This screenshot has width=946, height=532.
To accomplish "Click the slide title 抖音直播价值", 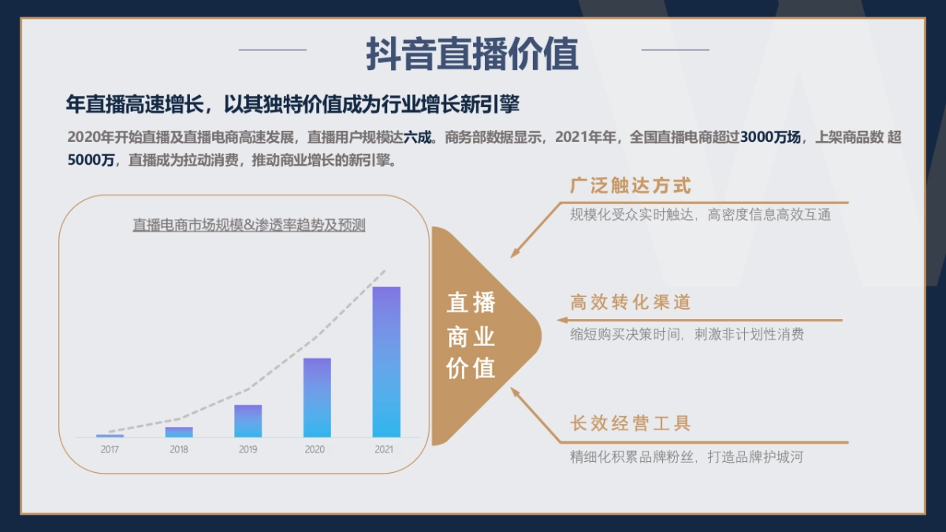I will pos(472,54).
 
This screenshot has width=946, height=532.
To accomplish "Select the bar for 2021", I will pos(386,362).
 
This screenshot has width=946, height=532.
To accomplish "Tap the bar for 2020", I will pos(317,398).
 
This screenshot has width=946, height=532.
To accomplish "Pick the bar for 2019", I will pos(248,421).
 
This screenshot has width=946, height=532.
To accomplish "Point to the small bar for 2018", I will pos(179,432).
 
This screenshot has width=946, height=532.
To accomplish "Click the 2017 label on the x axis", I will pos(110,450).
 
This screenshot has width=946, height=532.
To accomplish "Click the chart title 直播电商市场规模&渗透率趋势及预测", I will pos(249,225).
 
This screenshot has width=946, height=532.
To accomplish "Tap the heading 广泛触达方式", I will pos(631,186).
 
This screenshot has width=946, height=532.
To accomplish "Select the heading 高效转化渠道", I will pos(631,303).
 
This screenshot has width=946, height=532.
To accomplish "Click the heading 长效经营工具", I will pos(631,423).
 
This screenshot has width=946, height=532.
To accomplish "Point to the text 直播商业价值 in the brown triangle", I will pos(471,336).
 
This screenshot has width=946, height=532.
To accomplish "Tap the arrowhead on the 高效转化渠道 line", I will pos(562,320).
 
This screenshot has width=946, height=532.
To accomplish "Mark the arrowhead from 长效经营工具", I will pos(515,392).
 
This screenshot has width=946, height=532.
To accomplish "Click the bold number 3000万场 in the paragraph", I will pos(771,137).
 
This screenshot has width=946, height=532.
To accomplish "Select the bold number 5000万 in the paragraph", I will pos(91,160).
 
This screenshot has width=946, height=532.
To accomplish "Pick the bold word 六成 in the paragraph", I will pos(419,137).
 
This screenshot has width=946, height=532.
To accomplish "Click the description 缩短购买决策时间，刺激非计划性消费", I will pos(687,334).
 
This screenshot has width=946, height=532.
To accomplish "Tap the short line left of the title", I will pos(272,50).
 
